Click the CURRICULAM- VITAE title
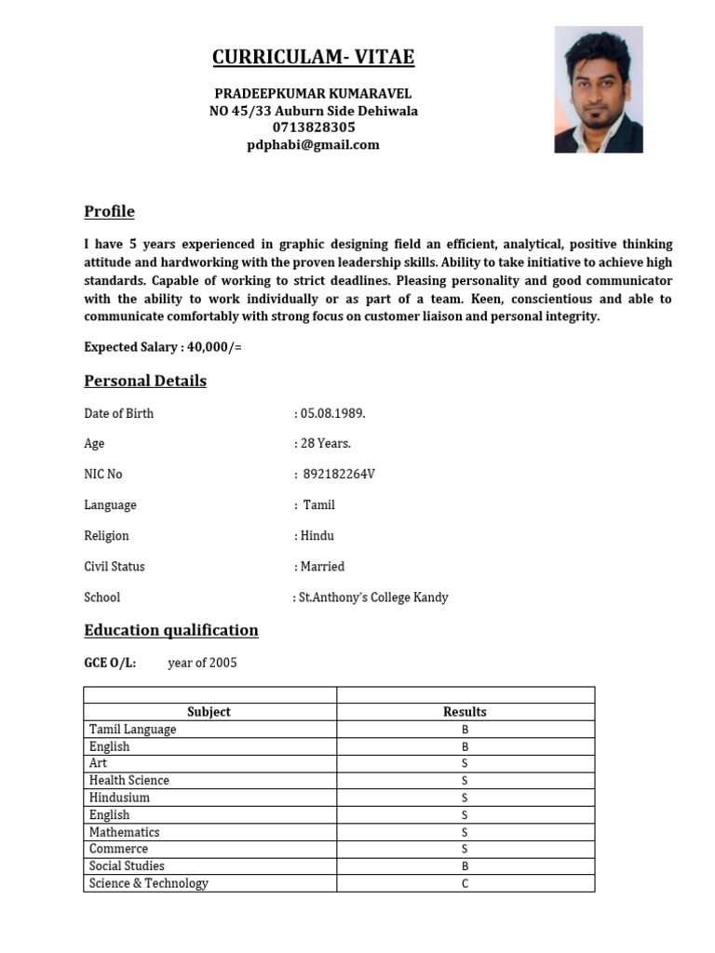(x=313, y=58)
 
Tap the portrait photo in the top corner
(x=599, y=89)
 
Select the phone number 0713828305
(x=314, y=128)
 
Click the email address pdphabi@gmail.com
(x=314, y=144)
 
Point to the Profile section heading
(x=109, y=211)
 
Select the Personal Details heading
(x=145, y=381)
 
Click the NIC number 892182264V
(x=339, y=475)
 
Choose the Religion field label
(x=106, y=536)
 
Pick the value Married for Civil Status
(x=322, y=567)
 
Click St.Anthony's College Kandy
(x=372, y=597)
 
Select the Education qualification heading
(x=171, y=630)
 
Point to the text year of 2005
(x=202, y=664)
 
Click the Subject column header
(x=209, y=712)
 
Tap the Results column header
(x=465, y=712)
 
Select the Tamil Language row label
(x=132, y=730)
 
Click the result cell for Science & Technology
(x=465, y=883)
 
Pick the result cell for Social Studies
(x=465, y=866)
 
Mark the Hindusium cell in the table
(x=119, y=798)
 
